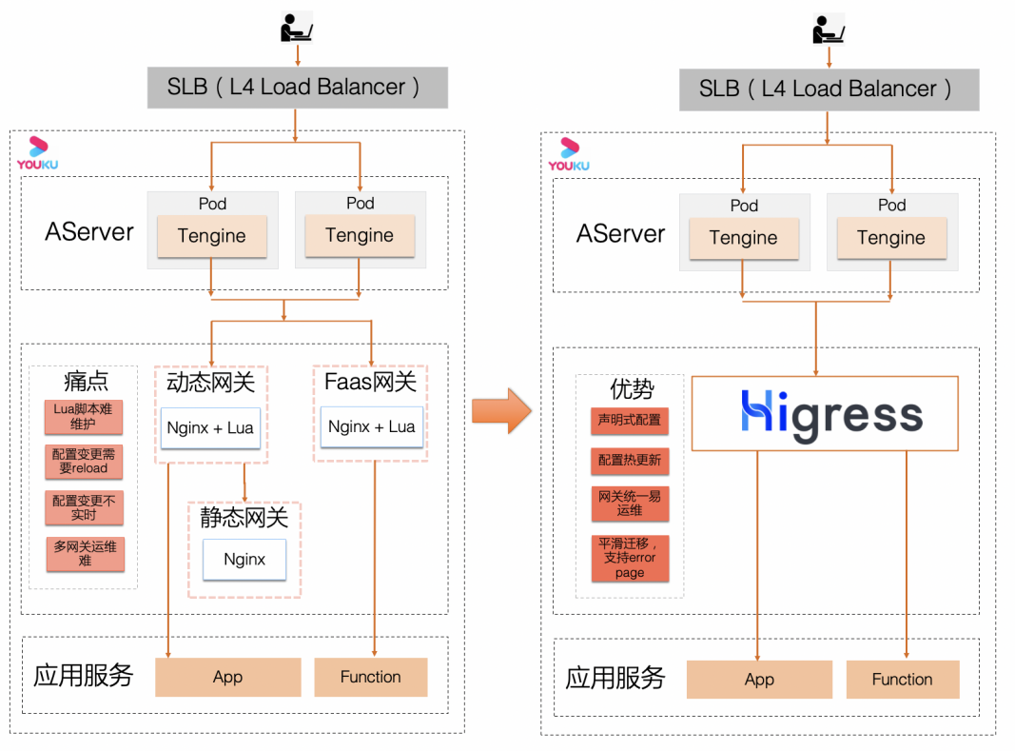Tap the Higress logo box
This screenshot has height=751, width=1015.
coord(824,413)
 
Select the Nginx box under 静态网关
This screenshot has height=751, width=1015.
coord(244,559)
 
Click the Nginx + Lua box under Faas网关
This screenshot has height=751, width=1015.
coord(371,427)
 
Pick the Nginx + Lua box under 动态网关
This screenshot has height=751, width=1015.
coord(210,428)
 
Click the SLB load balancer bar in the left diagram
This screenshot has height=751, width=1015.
coord(297,87)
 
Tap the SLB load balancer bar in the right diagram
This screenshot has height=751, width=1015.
coord(829,89)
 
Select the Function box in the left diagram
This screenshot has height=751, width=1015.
coord(370,677)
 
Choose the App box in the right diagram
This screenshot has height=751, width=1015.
coord(759,680)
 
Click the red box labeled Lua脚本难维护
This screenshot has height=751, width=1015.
coord(84,416)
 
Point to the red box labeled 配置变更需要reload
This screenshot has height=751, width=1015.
coord(84,462)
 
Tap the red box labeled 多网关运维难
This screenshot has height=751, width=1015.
coord(86,553)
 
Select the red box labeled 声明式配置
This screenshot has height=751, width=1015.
coord(629,420)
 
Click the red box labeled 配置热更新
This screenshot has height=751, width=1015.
coord(629,461)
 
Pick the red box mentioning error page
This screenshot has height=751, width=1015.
coord(630,558)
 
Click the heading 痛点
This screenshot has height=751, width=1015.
coord(86,383)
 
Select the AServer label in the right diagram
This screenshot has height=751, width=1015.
coord(620,234)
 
